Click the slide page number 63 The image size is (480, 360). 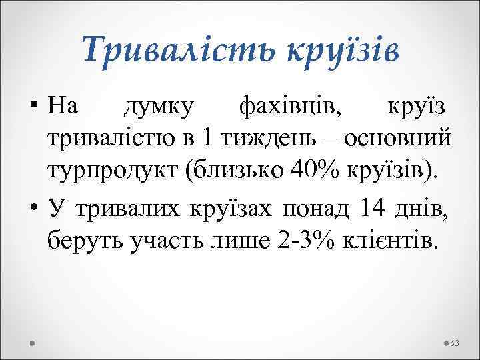coord(455,343)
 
